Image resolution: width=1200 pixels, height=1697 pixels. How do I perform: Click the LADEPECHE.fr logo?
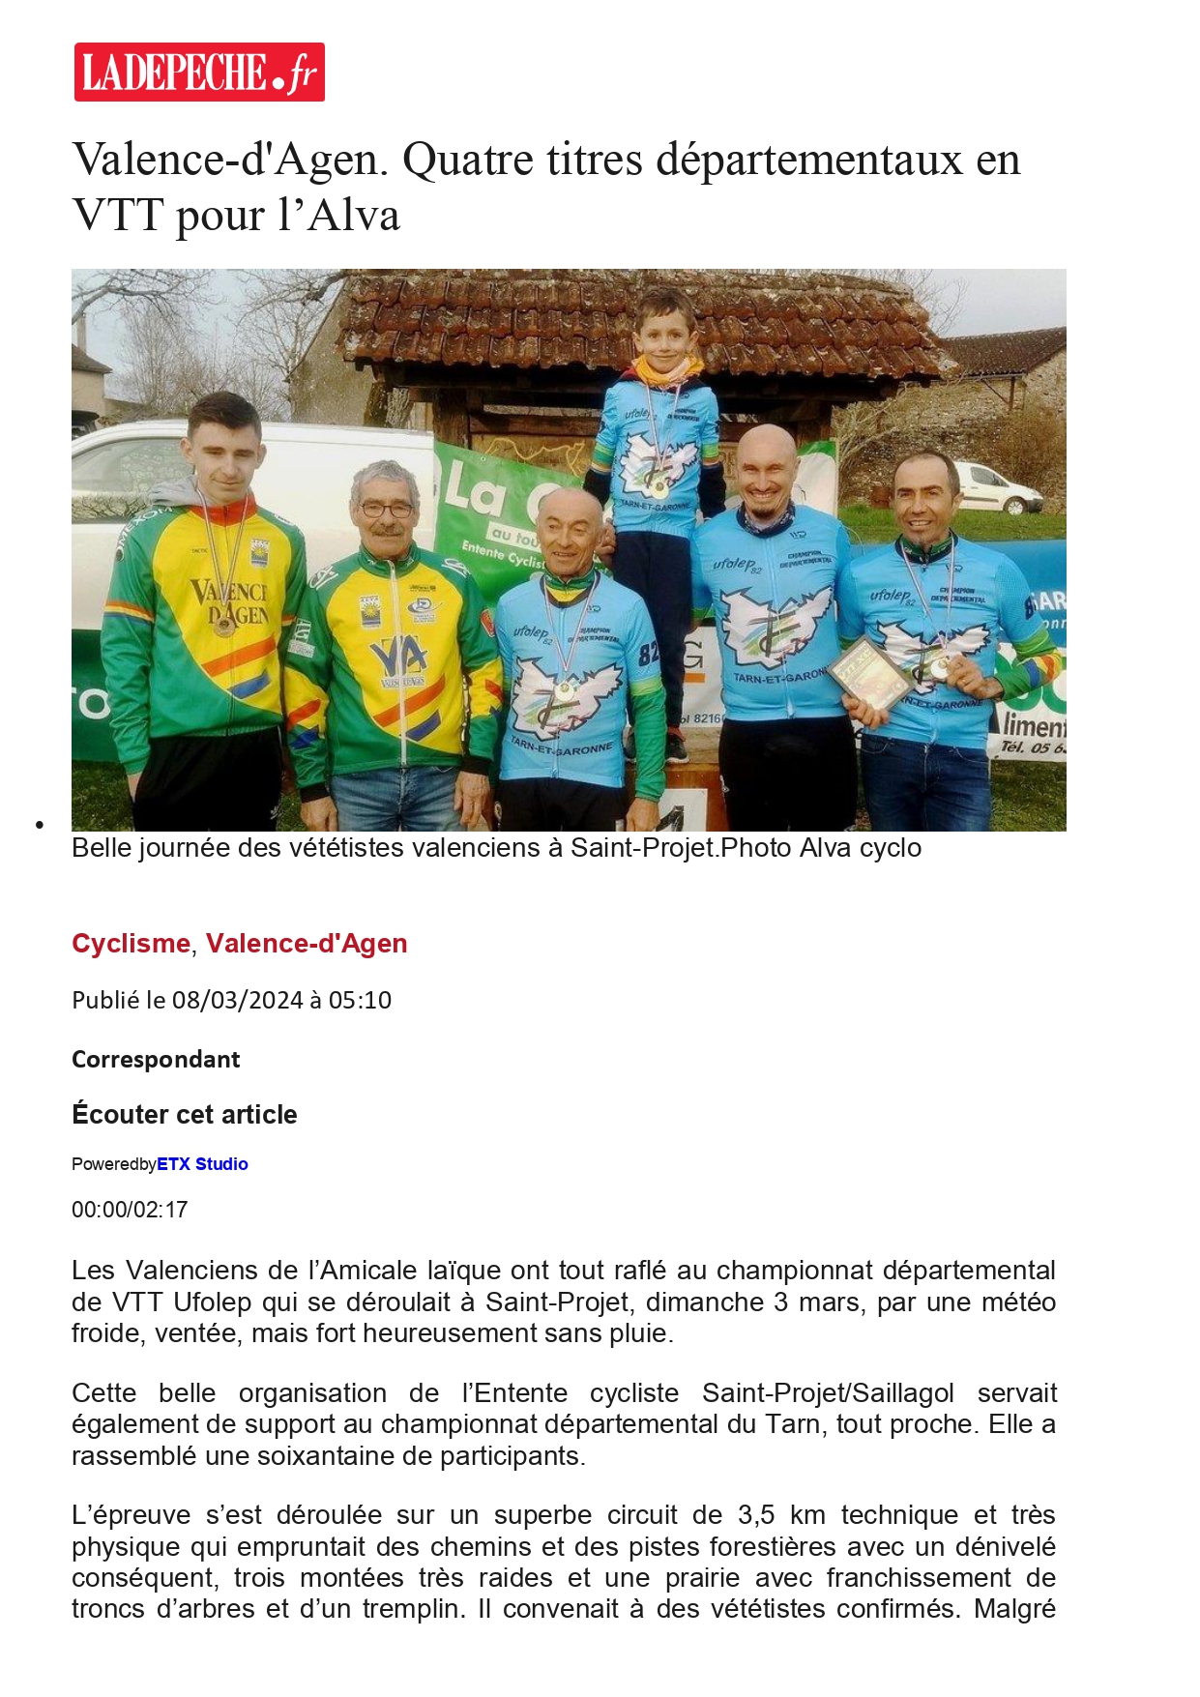[x=199, y=72]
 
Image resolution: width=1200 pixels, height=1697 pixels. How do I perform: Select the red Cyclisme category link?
[x=131, y=943]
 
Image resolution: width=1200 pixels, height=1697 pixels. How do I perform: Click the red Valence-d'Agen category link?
[x=307, y=943]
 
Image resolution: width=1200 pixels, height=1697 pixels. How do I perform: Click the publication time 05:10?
[x=360, y=1000]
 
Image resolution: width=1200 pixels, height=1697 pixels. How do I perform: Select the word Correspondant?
[x=156, y=1059]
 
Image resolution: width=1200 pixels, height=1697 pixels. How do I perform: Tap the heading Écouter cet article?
[x=184, y=1114]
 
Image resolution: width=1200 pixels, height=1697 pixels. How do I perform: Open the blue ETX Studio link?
[x=202, y=1164]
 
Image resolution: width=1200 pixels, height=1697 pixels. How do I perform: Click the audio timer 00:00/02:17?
[x=130, y=1210]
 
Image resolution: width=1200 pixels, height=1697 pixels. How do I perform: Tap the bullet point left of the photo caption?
[x=40, y=825]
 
